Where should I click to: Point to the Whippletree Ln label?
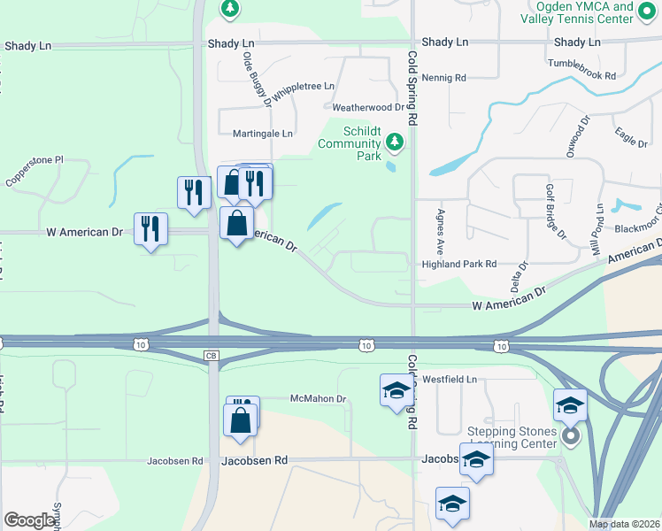304,90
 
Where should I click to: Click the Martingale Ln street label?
262,134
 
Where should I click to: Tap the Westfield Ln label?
449,379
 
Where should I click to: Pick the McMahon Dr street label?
318,399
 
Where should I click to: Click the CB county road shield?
211,356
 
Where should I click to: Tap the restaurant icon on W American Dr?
150,230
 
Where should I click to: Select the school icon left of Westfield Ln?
396,390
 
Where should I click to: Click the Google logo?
29,520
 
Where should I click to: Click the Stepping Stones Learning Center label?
512,437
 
